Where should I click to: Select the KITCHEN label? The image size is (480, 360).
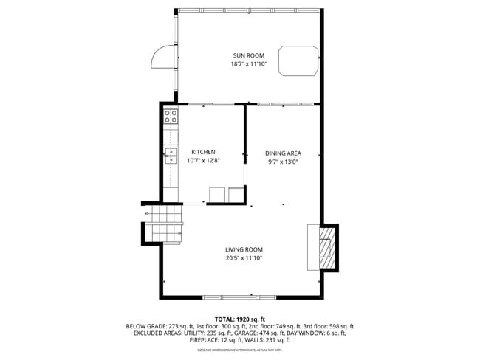[x=203, y=152]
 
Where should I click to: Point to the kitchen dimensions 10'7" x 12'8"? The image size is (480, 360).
[x=203, y=160]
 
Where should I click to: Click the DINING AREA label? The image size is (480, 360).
[x=283, y=153]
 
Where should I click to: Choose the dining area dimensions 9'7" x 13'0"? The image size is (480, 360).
[x=283, y=162]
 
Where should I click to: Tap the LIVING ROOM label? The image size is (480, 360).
[x=244, y=249]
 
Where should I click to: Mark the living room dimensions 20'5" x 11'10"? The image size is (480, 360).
[x=244, y=258]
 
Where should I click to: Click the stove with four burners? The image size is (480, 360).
[x=171, y=116]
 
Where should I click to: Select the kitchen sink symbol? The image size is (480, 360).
[x=171, y=155]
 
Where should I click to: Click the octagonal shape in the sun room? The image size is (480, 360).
[x=298, y=60]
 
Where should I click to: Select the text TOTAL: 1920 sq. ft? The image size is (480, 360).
[x=240, y=318]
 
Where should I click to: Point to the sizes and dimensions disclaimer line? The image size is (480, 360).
[x=240, y=350]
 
